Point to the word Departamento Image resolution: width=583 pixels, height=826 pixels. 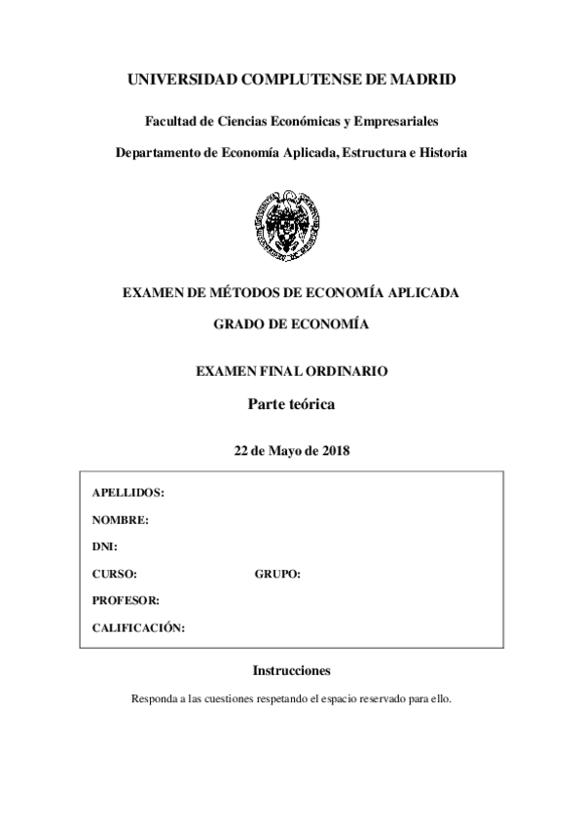(164, 153)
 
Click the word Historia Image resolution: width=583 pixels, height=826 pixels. (441, 153)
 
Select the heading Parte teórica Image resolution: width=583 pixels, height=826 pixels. (291, 403)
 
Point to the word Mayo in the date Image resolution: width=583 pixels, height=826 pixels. (281, 451)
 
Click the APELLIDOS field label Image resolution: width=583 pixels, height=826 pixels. (128, 493)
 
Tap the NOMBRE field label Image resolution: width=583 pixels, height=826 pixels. (121, 520)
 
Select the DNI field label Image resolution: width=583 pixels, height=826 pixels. (105, 547)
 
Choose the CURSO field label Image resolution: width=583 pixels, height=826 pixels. (115, 575)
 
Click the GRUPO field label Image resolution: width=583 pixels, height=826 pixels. (277, 575)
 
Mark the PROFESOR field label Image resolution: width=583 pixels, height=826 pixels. (127, 601)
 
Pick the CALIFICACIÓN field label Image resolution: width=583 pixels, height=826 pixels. (138, 628)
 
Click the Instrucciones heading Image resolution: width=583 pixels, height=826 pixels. (291, 671)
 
